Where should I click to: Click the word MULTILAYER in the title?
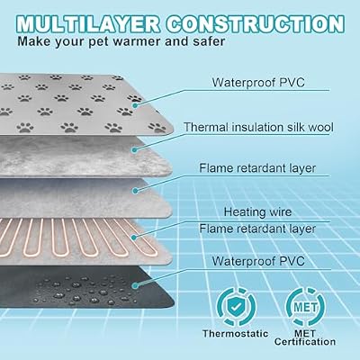88,24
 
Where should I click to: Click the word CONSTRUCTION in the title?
256,24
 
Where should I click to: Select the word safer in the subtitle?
209,40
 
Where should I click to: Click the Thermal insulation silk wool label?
258,127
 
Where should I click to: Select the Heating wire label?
257,212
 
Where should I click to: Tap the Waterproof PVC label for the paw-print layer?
258,82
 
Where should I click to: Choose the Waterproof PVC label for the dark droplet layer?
258,261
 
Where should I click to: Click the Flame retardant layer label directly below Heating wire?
257,229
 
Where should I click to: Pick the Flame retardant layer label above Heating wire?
257,168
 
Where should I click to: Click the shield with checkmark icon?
236,307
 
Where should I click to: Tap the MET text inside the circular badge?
305,307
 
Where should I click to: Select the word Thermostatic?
236,334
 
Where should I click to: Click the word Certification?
305,342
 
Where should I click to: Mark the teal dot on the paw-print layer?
135,105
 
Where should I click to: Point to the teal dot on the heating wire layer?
134,238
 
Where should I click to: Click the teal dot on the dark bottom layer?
136,286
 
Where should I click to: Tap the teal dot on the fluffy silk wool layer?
135,149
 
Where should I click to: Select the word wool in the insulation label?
321,127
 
